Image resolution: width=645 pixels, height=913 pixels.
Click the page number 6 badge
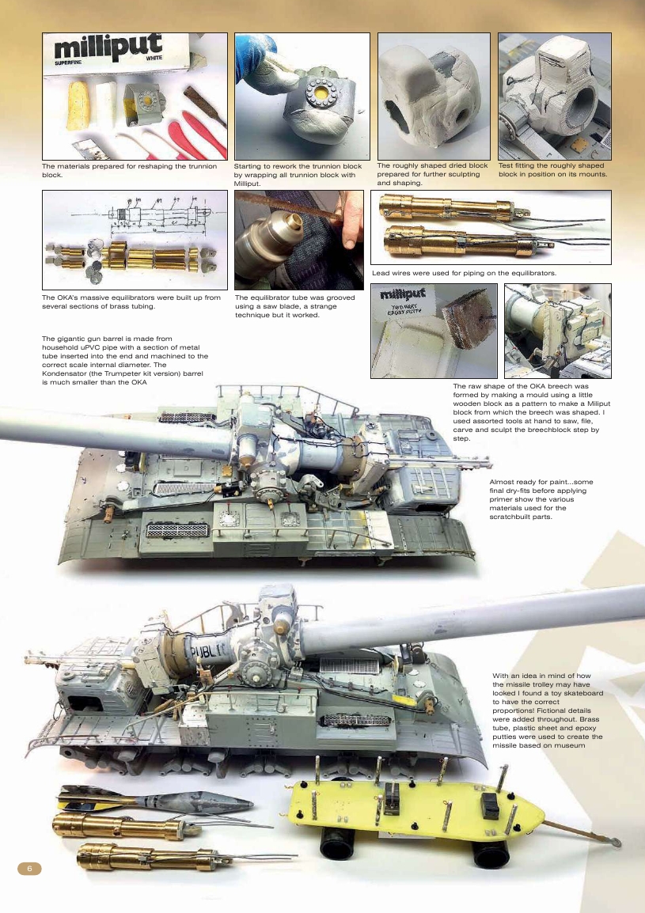(29, 867)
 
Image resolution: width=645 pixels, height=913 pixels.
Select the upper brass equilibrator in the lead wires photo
(443, 208)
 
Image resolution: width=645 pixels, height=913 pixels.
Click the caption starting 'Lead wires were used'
(464, 273)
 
